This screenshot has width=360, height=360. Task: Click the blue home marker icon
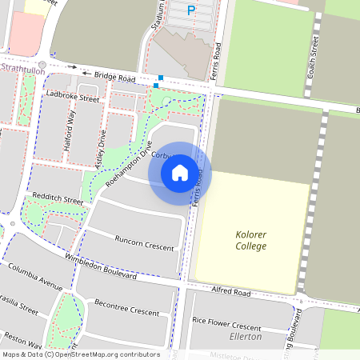click(180, 172)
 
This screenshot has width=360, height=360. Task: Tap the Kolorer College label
click(251, 240)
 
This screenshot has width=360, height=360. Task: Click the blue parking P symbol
click(190, 10)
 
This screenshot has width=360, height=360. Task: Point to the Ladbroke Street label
click(73, 98)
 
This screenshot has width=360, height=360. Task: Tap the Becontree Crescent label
click(127, 307)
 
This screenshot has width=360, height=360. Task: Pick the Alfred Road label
click(231, 293)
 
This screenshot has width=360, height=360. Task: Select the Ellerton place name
click(246, 337)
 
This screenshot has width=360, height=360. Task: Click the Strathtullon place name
click(22, 70)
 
